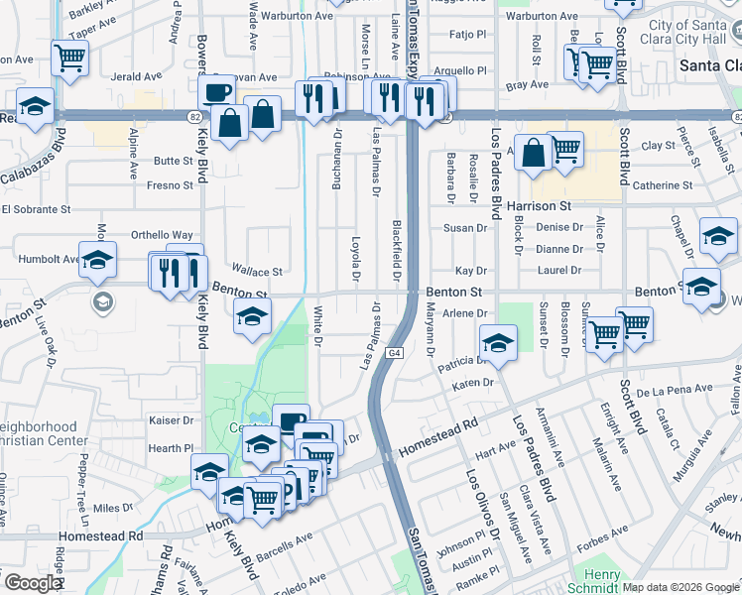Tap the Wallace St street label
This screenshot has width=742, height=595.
257,271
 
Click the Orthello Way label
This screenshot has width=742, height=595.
162,235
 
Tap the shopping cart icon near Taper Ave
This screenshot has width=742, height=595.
69,58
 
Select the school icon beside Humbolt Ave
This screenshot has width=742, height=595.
97,262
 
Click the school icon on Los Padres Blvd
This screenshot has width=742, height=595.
497,343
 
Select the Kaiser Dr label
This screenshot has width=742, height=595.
169,420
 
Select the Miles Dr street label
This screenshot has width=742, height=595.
112,508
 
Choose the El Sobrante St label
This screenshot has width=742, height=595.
36,209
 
